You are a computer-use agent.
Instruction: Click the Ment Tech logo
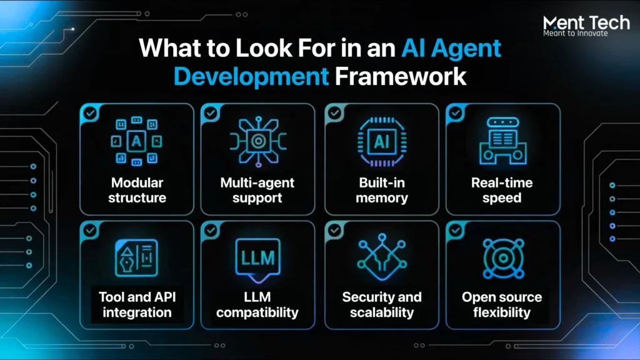click(x=586, y=25)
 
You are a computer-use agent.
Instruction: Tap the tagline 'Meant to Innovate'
click(x=576, y=34)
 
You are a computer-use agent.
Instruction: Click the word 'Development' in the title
click(x=251, y=77)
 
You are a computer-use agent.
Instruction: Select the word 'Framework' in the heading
click(x=401, y=76)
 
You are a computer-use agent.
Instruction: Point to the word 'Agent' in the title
click(x=466, y=49)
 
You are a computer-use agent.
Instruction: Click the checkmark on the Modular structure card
click(x=90, y=112)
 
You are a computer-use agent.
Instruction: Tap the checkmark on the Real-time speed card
click(x=456, y=112)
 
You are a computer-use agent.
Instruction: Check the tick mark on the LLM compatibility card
click(x=211, y=230)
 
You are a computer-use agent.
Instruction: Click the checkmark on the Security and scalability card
click(x=335, y=230)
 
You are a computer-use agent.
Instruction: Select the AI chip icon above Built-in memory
click(x=382, y=142)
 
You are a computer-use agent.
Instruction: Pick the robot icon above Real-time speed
click(x=503, y=141)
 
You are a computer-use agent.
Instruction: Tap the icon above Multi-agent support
click(x=258, y=141)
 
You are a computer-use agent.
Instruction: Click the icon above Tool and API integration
click(x=136, y=258)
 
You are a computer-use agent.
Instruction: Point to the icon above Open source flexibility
click(x=503, y=258)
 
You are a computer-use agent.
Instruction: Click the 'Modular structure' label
click(x=137, y=190)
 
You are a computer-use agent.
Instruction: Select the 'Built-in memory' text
click(x=382, y=190)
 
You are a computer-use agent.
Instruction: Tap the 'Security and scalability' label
click(x=382, y=304)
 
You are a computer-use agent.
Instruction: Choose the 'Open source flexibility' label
click(x=502, y=304)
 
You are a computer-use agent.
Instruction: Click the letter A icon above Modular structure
click(x=136, y=141)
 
